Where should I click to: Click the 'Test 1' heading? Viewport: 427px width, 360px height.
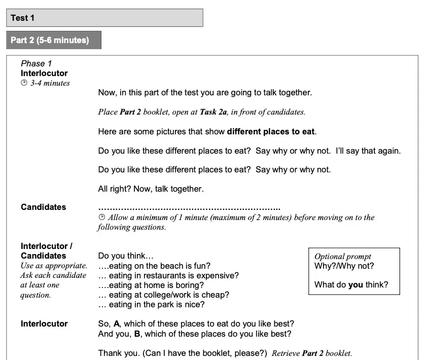click(23, 18)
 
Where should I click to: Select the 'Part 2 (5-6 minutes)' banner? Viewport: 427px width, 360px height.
click(50, 40)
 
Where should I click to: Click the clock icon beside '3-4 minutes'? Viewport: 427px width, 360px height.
click(24, 83)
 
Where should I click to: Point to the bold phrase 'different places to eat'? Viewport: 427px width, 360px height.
click(271, 131)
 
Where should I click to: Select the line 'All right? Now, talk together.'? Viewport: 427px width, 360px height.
click(151, 189)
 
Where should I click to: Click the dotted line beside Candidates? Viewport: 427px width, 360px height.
click(189, 207)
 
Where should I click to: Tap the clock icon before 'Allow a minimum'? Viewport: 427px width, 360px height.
click(101, 218)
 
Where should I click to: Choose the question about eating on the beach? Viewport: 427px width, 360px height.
click(154, 266)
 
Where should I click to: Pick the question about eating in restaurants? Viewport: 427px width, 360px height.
click(168, 275)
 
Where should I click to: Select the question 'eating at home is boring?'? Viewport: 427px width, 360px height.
click(151, 285)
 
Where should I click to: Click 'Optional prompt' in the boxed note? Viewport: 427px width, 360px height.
click(343, 257)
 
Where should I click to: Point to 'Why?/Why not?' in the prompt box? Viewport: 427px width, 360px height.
click(344, 266)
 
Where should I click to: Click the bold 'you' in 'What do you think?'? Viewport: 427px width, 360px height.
click(355, 284)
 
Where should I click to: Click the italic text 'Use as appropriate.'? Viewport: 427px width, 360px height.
click(54, 266)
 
